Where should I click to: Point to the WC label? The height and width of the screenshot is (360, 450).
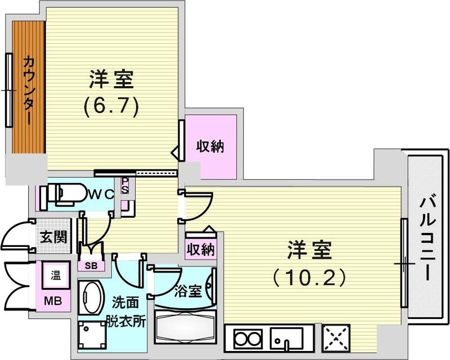tap(101, 193)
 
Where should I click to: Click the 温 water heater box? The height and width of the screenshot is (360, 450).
tap(56, 276)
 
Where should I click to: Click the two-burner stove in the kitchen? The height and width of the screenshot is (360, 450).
tap(245, 339)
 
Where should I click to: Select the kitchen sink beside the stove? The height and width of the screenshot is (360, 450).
tap(286, 339)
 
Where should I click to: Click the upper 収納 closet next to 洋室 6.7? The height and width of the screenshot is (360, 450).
tap(210, 147)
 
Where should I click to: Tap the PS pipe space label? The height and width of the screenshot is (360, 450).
tap(125, 185)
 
